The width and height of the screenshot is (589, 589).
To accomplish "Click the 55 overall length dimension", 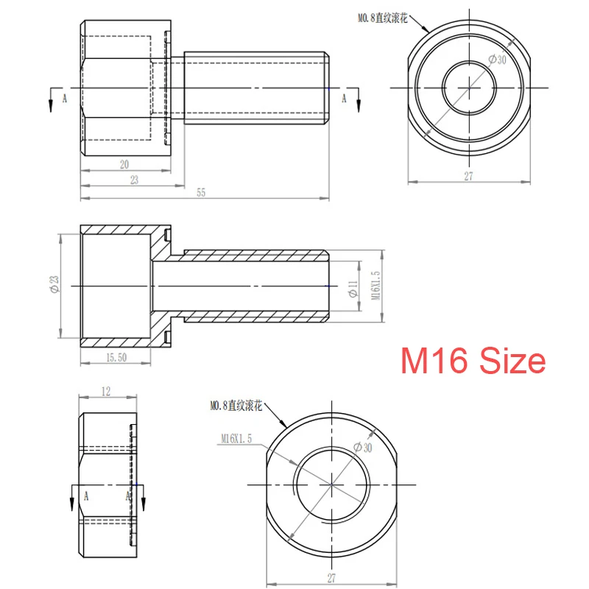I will tap(202, 192).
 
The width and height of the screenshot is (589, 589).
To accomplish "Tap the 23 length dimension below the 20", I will tap(133, 179).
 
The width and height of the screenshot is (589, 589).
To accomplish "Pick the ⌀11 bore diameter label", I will tap(352, 289).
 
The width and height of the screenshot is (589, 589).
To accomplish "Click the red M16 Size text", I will tap(473, 361).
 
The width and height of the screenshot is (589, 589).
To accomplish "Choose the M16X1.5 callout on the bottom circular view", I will tap(236, 438).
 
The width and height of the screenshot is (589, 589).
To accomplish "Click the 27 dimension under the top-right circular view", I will tap(469, 176).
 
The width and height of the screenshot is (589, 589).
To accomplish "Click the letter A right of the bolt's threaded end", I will tap(343, 96).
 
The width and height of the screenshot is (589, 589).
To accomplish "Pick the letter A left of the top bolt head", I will tap(65, 96).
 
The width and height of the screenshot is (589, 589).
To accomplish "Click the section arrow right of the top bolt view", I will tap(357, 99).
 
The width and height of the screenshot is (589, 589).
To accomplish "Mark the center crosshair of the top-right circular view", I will tap(469, 88).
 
